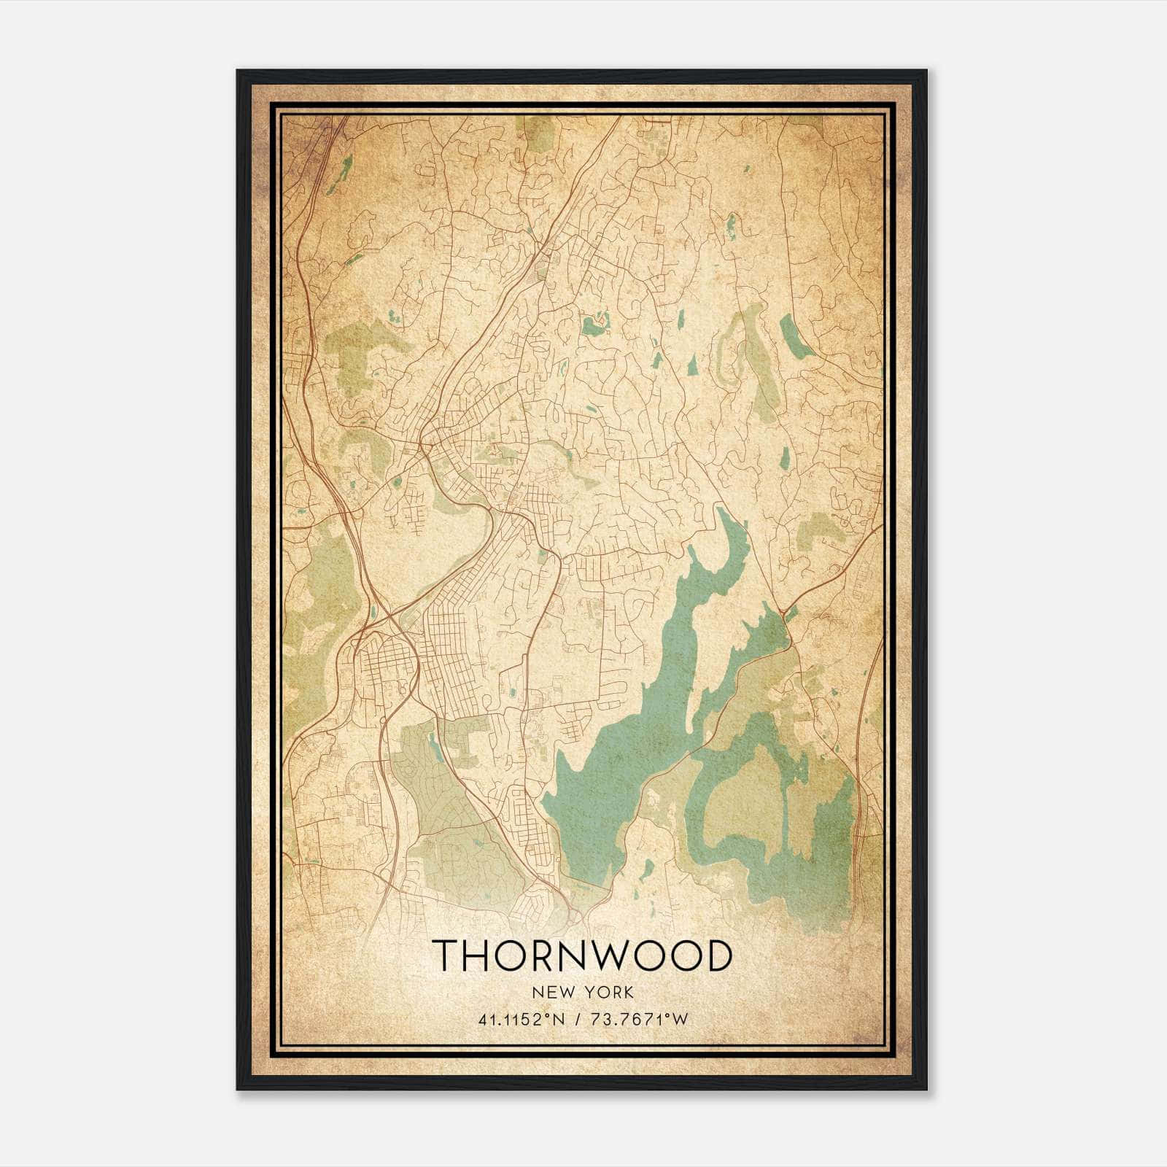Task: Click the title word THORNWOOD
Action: [583, 955]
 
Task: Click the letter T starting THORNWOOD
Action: [446, 955]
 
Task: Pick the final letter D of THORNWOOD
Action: [718, 955]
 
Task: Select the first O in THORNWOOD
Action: [511, 955]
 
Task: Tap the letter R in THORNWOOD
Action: [543, 955]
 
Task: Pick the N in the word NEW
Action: [538, 992]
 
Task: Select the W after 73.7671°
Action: [680, 1020]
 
